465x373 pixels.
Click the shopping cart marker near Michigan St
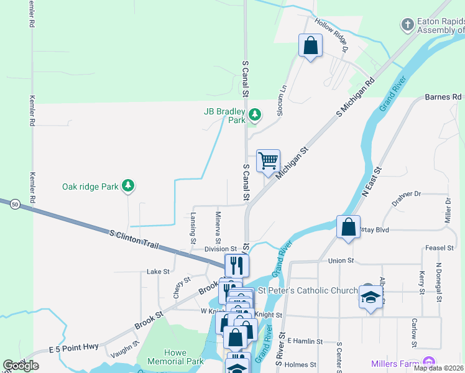[x=268, y=161]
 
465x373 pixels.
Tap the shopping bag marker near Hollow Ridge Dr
[x=310, y=46]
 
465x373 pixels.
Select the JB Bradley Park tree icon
[x=254, y=114]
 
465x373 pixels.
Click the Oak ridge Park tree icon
[x=127, y=185]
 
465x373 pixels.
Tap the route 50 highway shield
[x=14, y=204]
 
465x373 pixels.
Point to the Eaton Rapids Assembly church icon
[x=407, y=25]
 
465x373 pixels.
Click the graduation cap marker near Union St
[x=371, y=297]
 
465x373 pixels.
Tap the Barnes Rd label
[x=444, y=97]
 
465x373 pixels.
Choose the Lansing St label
[x=193, y=228]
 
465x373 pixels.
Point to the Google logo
[x=21, y=366]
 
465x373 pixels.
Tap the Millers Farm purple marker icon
[x=427, y=362]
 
